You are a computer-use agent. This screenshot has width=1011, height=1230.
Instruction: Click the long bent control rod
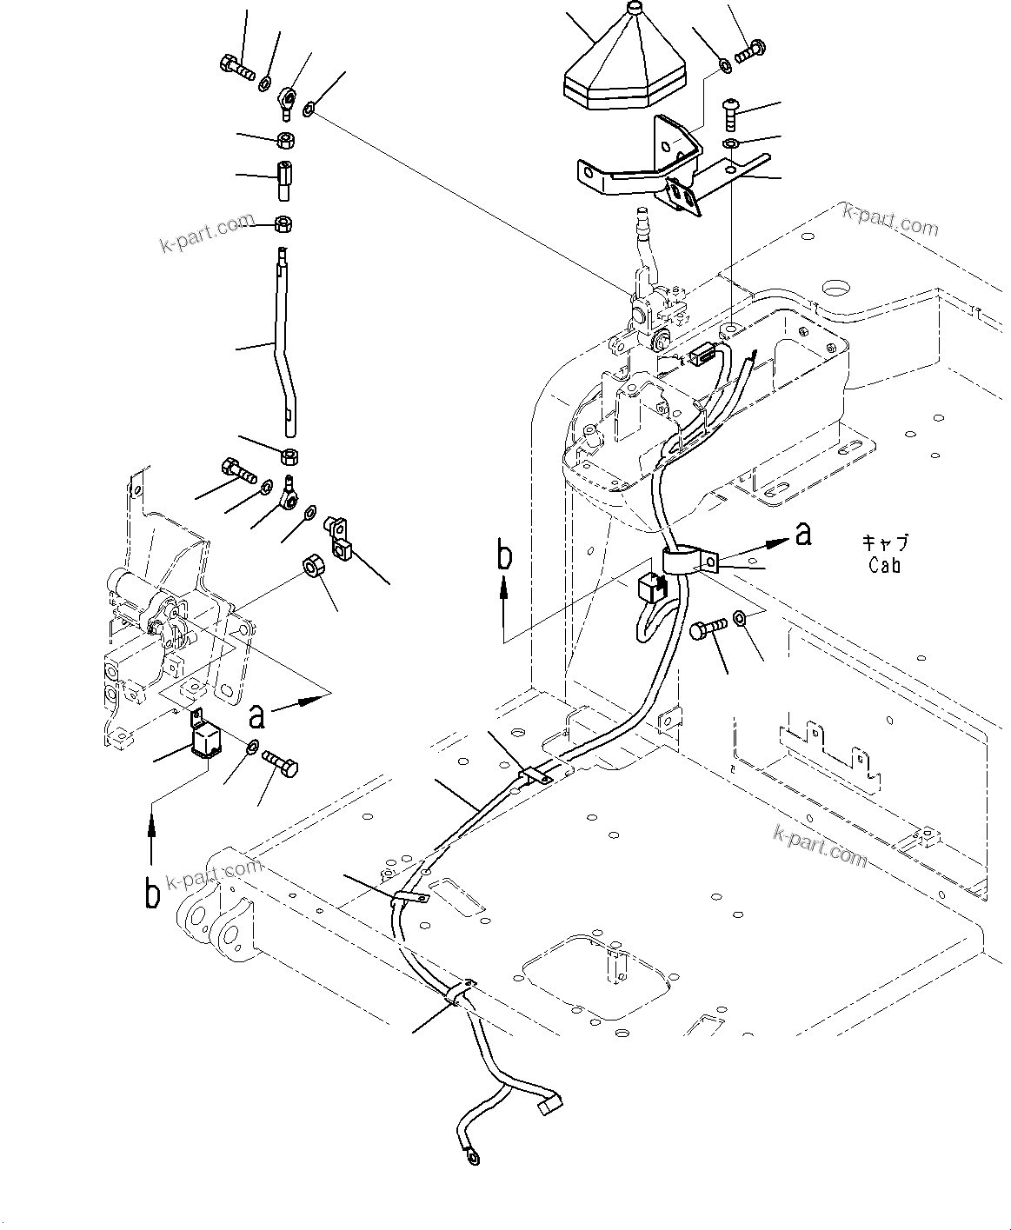click(283, 348)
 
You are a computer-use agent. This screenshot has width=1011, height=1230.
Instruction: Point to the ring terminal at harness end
click(472, 1154)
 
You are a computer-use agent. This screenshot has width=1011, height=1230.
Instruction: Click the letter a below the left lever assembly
click(256, 715)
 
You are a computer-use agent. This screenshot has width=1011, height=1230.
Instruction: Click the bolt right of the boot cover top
click(749, 50)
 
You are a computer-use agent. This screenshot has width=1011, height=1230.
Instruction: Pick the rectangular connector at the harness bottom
click(549, 1107)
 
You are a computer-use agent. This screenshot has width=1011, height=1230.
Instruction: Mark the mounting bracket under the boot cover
click(643, 170)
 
